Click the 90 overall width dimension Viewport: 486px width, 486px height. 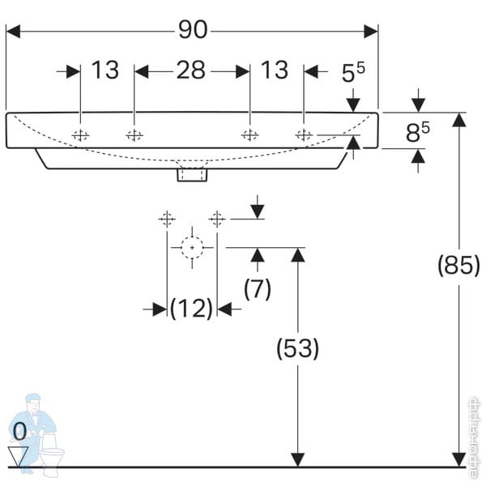point(192,30)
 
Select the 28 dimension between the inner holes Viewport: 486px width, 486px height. point(191,70)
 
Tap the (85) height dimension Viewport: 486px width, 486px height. point(458,265)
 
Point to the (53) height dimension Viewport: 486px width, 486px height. point(298,348)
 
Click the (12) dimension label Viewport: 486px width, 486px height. point(191,309)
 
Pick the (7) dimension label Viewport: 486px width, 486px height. point(258,288)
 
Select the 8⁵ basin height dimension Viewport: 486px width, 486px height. point(417,131)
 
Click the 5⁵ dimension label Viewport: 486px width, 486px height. point(353,73)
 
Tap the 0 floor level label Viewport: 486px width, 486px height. point(19,430)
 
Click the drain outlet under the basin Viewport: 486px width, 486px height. point(193,173)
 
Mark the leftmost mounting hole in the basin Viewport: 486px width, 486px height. point(80,135)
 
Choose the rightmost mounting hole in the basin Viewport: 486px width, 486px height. point(304,135)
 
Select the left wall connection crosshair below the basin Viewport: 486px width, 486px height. point(167,218)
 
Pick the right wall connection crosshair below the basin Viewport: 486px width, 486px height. point(217,218)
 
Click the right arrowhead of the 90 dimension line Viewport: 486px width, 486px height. point(371,31)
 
